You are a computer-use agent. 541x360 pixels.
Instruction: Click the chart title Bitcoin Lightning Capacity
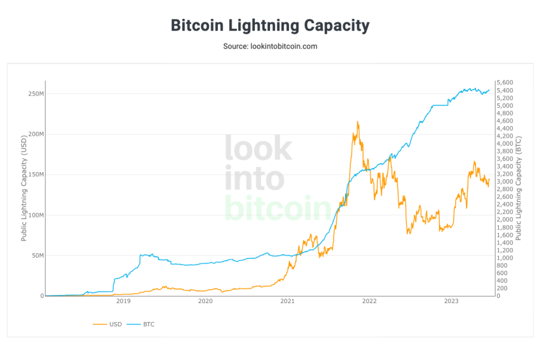pyautogui.click(x=270, y=25)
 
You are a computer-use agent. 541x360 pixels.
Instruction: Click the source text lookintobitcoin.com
pyautogui.click(x=270, y=46)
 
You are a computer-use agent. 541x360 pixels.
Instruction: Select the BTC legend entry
pyautogui.click(x=148, y=324)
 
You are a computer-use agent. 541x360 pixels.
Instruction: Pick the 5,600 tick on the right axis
pyautogui.click(x=505, y=83)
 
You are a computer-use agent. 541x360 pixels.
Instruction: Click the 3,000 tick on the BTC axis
pyautogui.click(x=505, y=182)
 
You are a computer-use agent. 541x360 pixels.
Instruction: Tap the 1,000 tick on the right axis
pyautogui.click(x=505, y=258)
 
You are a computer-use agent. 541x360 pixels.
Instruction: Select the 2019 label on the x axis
pyautogui.click(x=123, y=301)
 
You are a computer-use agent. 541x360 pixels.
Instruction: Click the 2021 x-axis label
pyautogui.click(x=287, y=301)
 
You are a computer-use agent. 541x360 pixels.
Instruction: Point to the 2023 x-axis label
pyautogui.click(x=451, y=301)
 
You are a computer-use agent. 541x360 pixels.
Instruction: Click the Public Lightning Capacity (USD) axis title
pyautogui.click(x=24, y=188)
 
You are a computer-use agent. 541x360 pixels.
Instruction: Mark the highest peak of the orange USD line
pyautogui.click(x=358, y=122)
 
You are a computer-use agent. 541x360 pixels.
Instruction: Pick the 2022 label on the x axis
pyautogui.click(x=369, y=301)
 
